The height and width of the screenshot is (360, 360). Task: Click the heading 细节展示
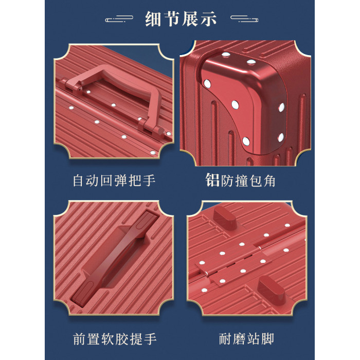pos(181,19)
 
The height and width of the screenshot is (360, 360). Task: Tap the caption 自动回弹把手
pos(114,181)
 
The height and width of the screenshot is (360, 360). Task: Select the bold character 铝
pos(212,180)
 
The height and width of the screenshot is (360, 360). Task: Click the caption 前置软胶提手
pos(115,339)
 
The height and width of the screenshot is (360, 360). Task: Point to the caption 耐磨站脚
pos(246,339)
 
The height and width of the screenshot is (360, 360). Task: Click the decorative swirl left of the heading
pos(119,19)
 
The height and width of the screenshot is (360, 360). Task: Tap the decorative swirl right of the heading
pos(244,19)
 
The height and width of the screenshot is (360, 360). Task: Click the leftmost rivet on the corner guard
pos(207,84)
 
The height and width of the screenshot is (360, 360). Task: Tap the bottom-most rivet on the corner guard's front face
pos(246,141)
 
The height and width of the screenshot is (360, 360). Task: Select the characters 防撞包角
pos(248,181)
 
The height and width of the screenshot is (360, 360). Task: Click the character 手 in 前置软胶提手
pos(150,339)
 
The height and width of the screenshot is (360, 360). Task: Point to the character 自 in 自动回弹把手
pos(79,181)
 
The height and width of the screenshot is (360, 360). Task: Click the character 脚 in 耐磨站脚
pos(268,339)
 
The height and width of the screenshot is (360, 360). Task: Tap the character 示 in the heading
pos(208,19)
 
